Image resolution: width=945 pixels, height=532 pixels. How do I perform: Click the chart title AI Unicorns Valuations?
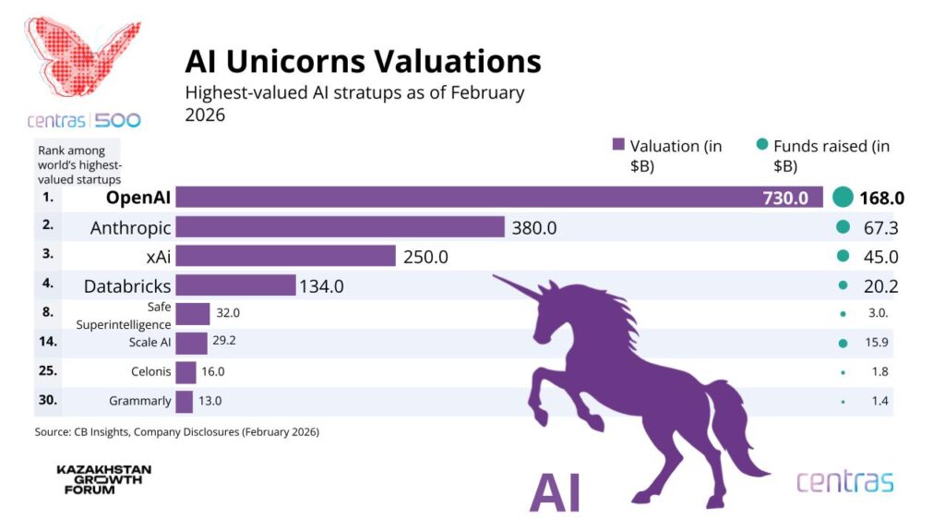[x=363, y=61]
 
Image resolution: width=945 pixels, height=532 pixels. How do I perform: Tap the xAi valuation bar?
[x=285, y=257]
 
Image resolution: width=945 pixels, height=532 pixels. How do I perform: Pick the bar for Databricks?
[x=235, y=285]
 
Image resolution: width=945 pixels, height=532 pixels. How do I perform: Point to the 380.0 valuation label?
[x=534, y=227]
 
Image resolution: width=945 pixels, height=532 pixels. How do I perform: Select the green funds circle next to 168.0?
[x=842, y=197]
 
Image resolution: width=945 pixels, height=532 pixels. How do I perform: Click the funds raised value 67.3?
[x=881, y=227]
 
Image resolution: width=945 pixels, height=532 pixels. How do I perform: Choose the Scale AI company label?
[x=150, y=343]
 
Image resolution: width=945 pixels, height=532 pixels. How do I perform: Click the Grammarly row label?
[x=140, y=401]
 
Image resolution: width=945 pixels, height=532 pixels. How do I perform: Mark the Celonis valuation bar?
[x=185, y=371]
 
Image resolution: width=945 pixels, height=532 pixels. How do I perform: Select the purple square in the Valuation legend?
[x=619, y=145]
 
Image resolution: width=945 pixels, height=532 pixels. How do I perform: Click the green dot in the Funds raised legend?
[x=761, y=145]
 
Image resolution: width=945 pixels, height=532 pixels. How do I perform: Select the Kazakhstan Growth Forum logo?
[x=103, y=479]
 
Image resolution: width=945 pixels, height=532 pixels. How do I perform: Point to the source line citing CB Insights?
[x=177, y=431]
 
